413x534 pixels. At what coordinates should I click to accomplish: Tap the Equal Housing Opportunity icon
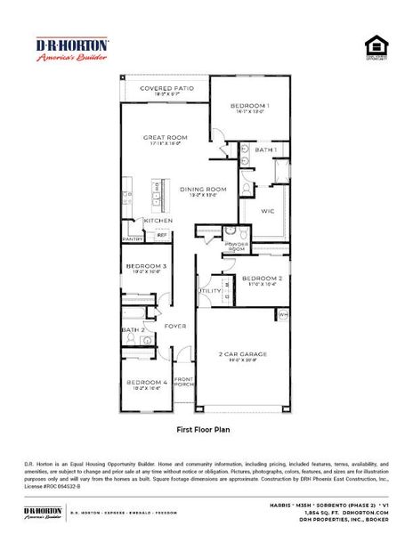coord(377,47)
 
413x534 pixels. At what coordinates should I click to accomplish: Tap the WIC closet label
coord(267,211)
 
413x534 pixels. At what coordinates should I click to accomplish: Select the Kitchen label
coord(158,221)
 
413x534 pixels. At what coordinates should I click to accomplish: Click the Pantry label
coord(133,239)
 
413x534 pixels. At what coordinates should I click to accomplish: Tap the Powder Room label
coord(237,247)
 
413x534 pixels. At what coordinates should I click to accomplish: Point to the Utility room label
coord(210,290)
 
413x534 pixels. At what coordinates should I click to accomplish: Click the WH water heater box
coord(284,314)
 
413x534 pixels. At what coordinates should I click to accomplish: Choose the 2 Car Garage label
coord(243,353)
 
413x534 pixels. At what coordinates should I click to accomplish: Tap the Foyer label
coord(174,326)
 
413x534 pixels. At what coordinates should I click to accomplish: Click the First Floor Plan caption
coord(206,428)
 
